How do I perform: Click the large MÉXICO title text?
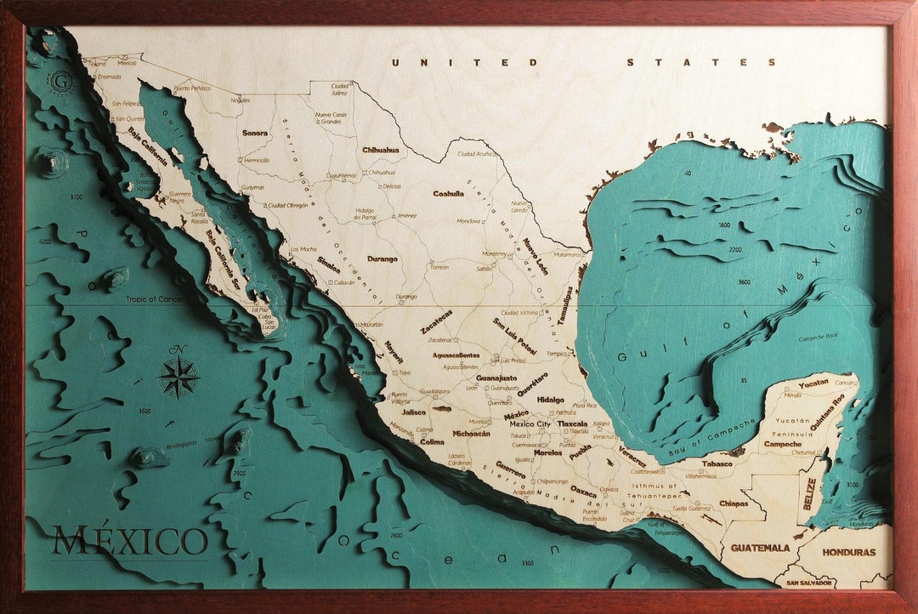point(130,542)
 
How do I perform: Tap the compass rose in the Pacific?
point(178,377)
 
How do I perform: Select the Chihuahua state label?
point(380,150)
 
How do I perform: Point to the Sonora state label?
point(254,133)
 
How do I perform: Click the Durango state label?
point(382,259)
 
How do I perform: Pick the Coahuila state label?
point(448,193)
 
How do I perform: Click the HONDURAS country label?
point(847,552)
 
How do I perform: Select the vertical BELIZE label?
point(810,494)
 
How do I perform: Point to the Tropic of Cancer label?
point(155,299)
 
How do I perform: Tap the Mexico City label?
point(529,424)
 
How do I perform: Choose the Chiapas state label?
point(733,503)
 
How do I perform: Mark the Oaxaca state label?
point(583,492)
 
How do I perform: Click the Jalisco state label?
point(414,412)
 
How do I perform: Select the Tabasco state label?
point(717,464)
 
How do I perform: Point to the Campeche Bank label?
point(818,338)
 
